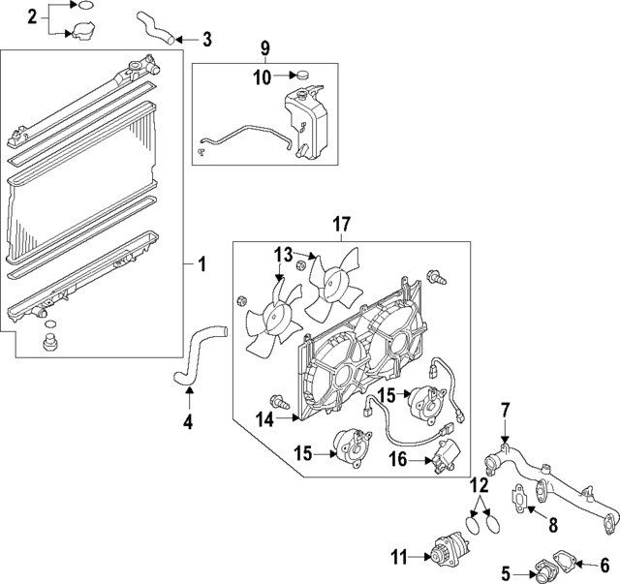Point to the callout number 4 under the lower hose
[189, 421]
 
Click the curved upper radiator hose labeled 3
[157, 26]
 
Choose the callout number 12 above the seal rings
[481, 483]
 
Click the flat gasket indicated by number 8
[524, 497]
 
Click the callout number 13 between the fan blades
[282, 254]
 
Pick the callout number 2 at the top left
[32, 16]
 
